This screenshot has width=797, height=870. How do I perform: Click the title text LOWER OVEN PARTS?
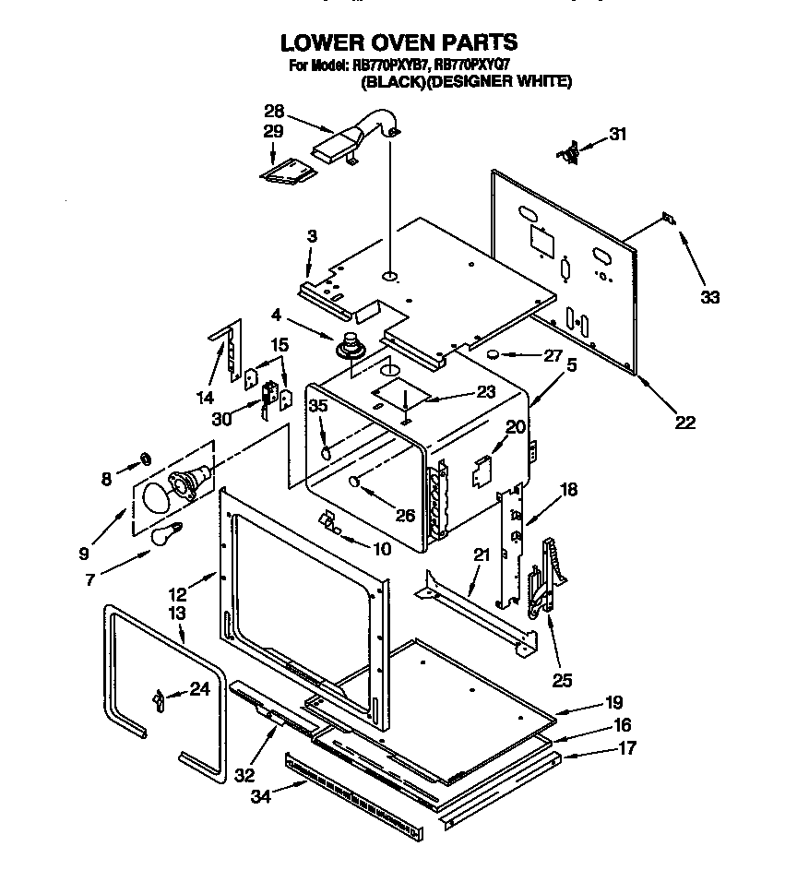pyautogui.click(x=398, y=42)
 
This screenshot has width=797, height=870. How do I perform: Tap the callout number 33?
pyautogui.click(x=709, y=297)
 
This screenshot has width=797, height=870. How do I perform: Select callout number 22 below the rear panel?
pyautogui.click(x=684, y=423)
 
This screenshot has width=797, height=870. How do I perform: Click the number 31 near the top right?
pyautogui.click(x=617, y=135)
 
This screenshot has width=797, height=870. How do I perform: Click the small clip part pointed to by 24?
pyautogui.click(x=158, y=702)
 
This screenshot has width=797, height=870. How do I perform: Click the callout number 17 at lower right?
pyautogui.click(x=626, y=749)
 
